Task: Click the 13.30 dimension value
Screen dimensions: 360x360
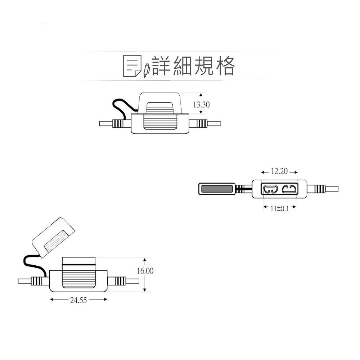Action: coord(201,105)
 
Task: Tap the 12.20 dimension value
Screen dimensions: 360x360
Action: coord(279,171)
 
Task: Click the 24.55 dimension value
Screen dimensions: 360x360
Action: coord(78,300)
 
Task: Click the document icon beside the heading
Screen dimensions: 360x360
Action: coord(132,66)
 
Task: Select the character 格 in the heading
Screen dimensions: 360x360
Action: coord(224,66)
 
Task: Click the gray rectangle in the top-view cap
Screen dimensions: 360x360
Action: coord(217,189)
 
